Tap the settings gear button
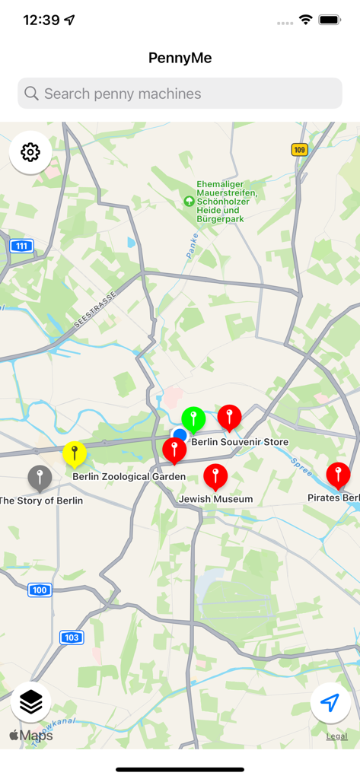30,152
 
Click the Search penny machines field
180,94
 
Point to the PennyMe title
180,58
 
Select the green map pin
193,418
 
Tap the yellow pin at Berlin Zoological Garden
74,454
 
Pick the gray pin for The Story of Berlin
40,478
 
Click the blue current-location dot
180,435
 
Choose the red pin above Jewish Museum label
215,477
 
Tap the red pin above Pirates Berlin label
338,475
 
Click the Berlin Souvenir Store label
240,442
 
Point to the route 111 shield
21,246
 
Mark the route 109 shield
299,150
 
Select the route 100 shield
40,590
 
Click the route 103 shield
72,638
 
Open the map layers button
30,703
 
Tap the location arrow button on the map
330,703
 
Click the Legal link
337,736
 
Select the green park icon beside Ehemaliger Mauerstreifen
189,202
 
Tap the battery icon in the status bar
330,20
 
